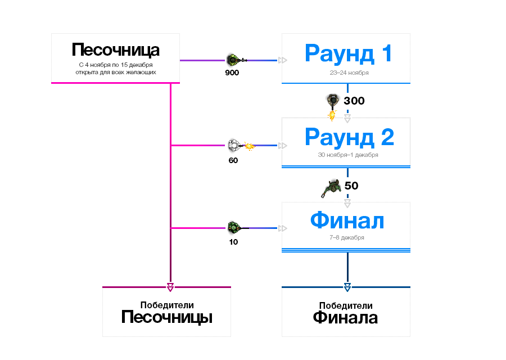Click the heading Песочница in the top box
pos(115,50)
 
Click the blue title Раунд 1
pos(347,53)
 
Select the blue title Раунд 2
pos(347,137)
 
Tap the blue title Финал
pos(347,220)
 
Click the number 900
pos(232,73)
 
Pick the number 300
pos(354,101)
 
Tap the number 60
pos(233,160)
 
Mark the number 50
pos(351,186)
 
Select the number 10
pos(233,242)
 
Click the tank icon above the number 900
pos(235,59)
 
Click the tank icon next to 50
pos(332,187)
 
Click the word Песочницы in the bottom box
pos(166,318)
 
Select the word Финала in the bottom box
pos(345,318)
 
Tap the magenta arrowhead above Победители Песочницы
pos(170,287)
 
